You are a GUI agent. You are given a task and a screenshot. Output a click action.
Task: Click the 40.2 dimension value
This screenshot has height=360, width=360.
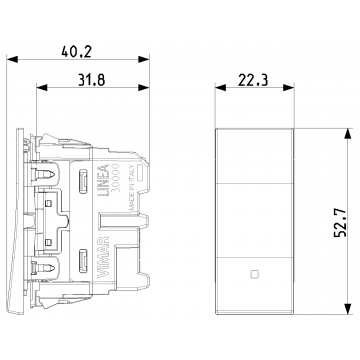76,52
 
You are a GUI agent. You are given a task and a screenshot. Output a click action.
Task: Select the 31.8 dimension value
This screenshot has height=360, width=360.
92,80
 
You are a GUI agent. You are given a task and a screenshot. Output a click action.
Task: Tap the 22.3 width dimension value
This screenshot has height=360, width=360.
253,80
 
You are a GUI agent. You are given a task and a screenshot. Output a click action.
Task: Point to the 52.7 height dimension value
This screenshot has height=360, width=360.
340,221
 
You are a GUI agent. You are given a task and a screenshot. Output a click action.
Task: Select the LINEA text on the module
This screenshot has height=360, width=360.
105,180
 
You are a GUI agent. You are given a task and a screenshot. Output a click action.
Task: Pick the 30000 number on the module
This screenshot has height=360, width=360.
115,178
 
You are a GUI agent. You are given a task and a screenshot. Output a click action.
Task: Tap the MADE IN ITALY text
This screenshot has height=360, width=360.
131,188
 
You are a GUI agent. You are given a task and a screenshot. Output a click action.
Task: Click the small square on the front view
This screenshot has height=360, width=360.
254,274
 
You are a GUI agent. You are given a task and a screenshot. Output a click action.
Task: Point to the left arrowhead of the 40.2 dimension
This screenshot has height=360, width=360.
12,59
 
